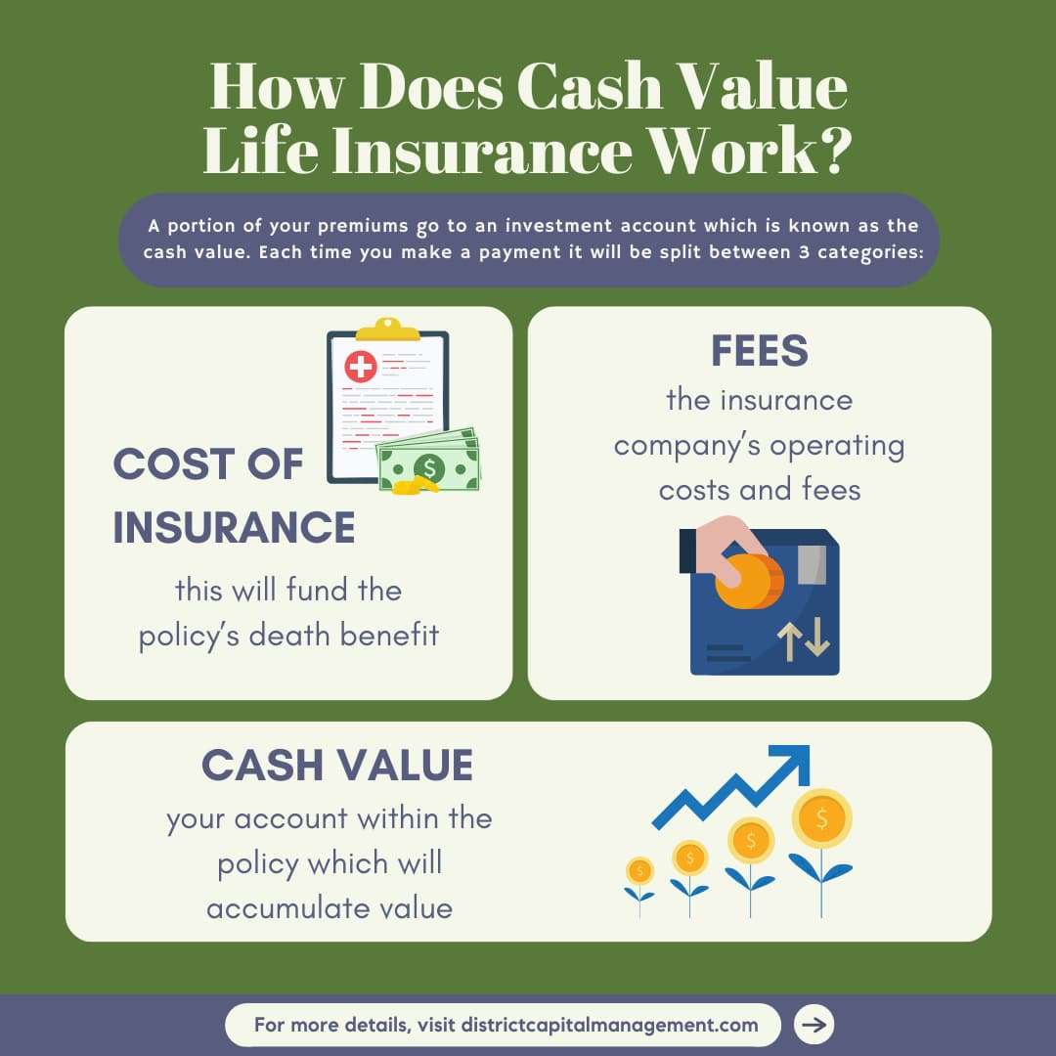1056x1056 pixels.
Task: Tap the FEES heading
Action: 760,350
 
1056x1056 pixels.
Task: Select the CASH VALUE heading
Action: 337,765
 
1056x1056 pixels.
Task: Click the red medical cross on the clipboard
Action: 360,368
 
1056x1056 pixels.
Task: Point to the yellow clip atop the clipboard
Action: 388,329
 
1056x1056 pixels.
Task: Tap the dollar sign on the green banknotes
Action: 427,467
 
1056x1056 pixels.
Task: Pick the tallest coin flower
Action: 821,816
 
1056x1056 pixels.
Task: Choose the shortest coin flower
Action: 639,871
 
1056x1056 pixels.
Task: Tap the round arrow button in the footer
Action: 814,1025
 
